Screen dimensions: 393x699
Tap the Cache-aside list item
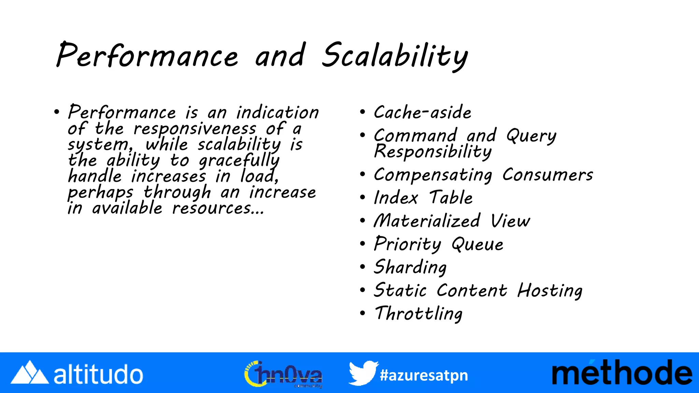click(423, 113)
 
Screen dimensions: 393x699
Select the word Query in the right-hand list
click(531, 136)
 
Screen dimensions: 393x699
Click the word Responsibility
click(433, 152)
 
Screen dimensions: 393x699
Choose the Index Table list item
click(423, 198)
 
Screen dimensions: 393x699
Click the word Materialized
click(427, 221)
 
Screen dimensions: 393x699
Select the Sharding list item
click(410, 267)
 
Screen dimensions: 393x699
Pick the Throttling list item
click(418, 314)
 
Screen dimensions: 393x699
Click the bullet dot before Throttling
click(362, 313)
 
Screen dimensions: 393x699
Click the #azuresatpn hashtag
click(424, 375)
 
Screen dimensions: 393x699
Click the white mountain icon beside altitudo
click(30, 373)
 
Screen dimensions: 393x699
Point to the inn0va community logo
click(283, 374)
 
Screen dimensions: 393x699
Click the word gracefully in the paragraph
click(239, 161)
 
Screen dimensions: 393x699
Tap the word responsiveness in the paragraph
click(195, 129)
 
